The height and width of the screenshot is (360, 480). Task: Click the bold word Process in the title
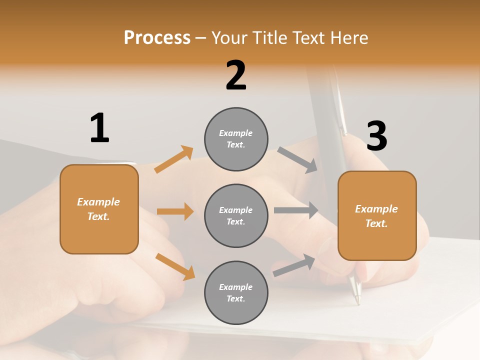(x=157, y=37)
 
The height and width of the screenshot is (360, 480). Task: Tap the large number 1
(x=99, y=128)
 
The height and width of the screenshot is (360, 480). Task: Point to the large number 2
(x=236, y=75)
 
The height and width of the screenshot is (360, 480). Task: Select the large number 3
(x=376, y=136)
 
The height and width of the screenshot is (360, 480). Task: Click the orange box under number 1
(x=99, y=209)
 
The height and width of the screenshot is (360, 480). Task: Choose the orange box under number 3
(x=377, y=216)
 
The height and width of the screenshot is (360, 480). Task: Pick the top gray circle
(x=236, y=139)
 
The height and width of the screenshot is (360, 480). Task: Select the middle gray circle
(x=236, y=215)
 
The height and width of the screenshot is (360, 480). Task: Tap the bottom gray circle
(x=236, y=292)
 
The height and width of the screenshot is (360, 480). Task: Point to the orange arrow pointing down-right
(x=175, y=266)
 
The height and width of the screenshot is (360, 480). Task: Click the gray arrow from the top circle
(x=297, y=159)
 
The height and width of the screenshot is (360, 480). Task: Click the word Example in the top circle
(x=236, y=133)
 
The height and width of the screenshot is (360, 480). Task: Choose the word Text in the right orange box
(x=376, y=223)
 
